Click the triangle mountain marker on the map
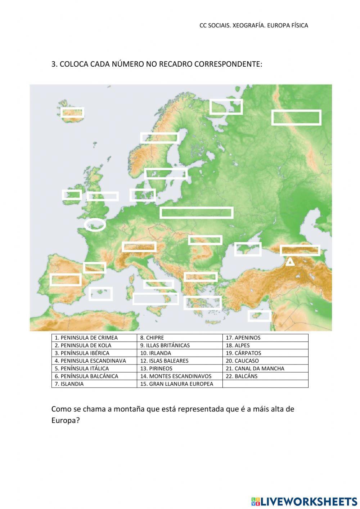pyautogui.click(x=290, y=262)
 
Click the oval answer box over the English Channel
pyautogui.click(x=95, y=225)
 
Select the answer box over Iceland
pyautogui.click(x=72, y=113)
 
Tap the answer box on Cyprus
pyautogui.click(x=259, y=316)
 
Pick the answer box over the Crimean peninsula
pyautogui.click(x=248, y=249)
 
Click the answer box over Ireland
pyautogui.click(x=72, y=195)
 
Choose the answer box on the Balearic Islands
pyautogui.click(x=101, y=294)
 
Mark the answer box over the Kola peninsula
pyautogui.click(x=226, y=107)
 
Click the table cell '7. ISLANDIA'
pyautogui.click(x=94, y=384)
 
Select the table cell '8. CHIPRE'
pyautogui.click(x=180, y=338)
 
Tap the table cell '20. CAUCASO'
pyautogui.click(x=265, y=361)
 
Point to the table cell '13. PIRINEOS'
pyautogui.click(x=180, y=369)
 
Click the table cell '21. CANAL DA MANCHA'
pyautogui.click(x=265, y=369)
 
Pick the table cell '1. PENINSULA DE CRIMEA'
pyautogui.click(x=94, y=338)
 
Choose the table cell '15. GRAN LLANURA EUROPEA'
pyautogui.click(x=180, y=384)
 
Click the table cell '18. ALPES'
pyautogui.click(x=265, y=345)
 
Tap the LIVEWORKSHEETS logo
pyautogui.click(x=304, y=501)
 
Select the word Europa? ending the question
pyautogui.click(x=65, y=420)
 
